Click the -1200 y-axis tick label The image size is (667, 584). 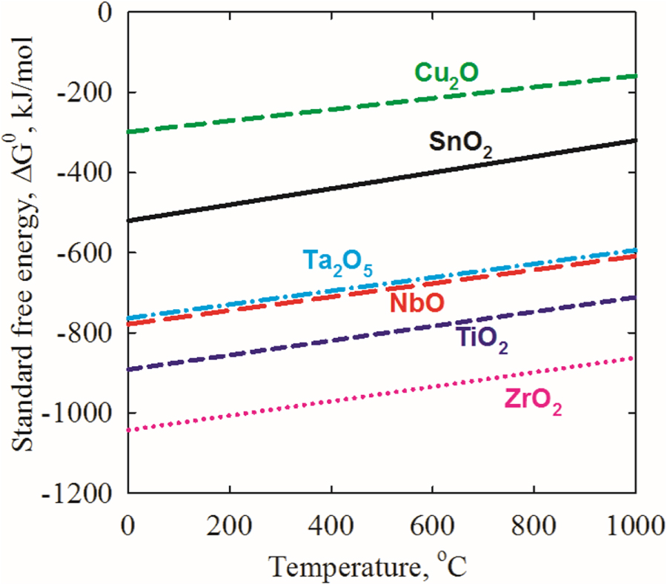coord(87,493)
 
